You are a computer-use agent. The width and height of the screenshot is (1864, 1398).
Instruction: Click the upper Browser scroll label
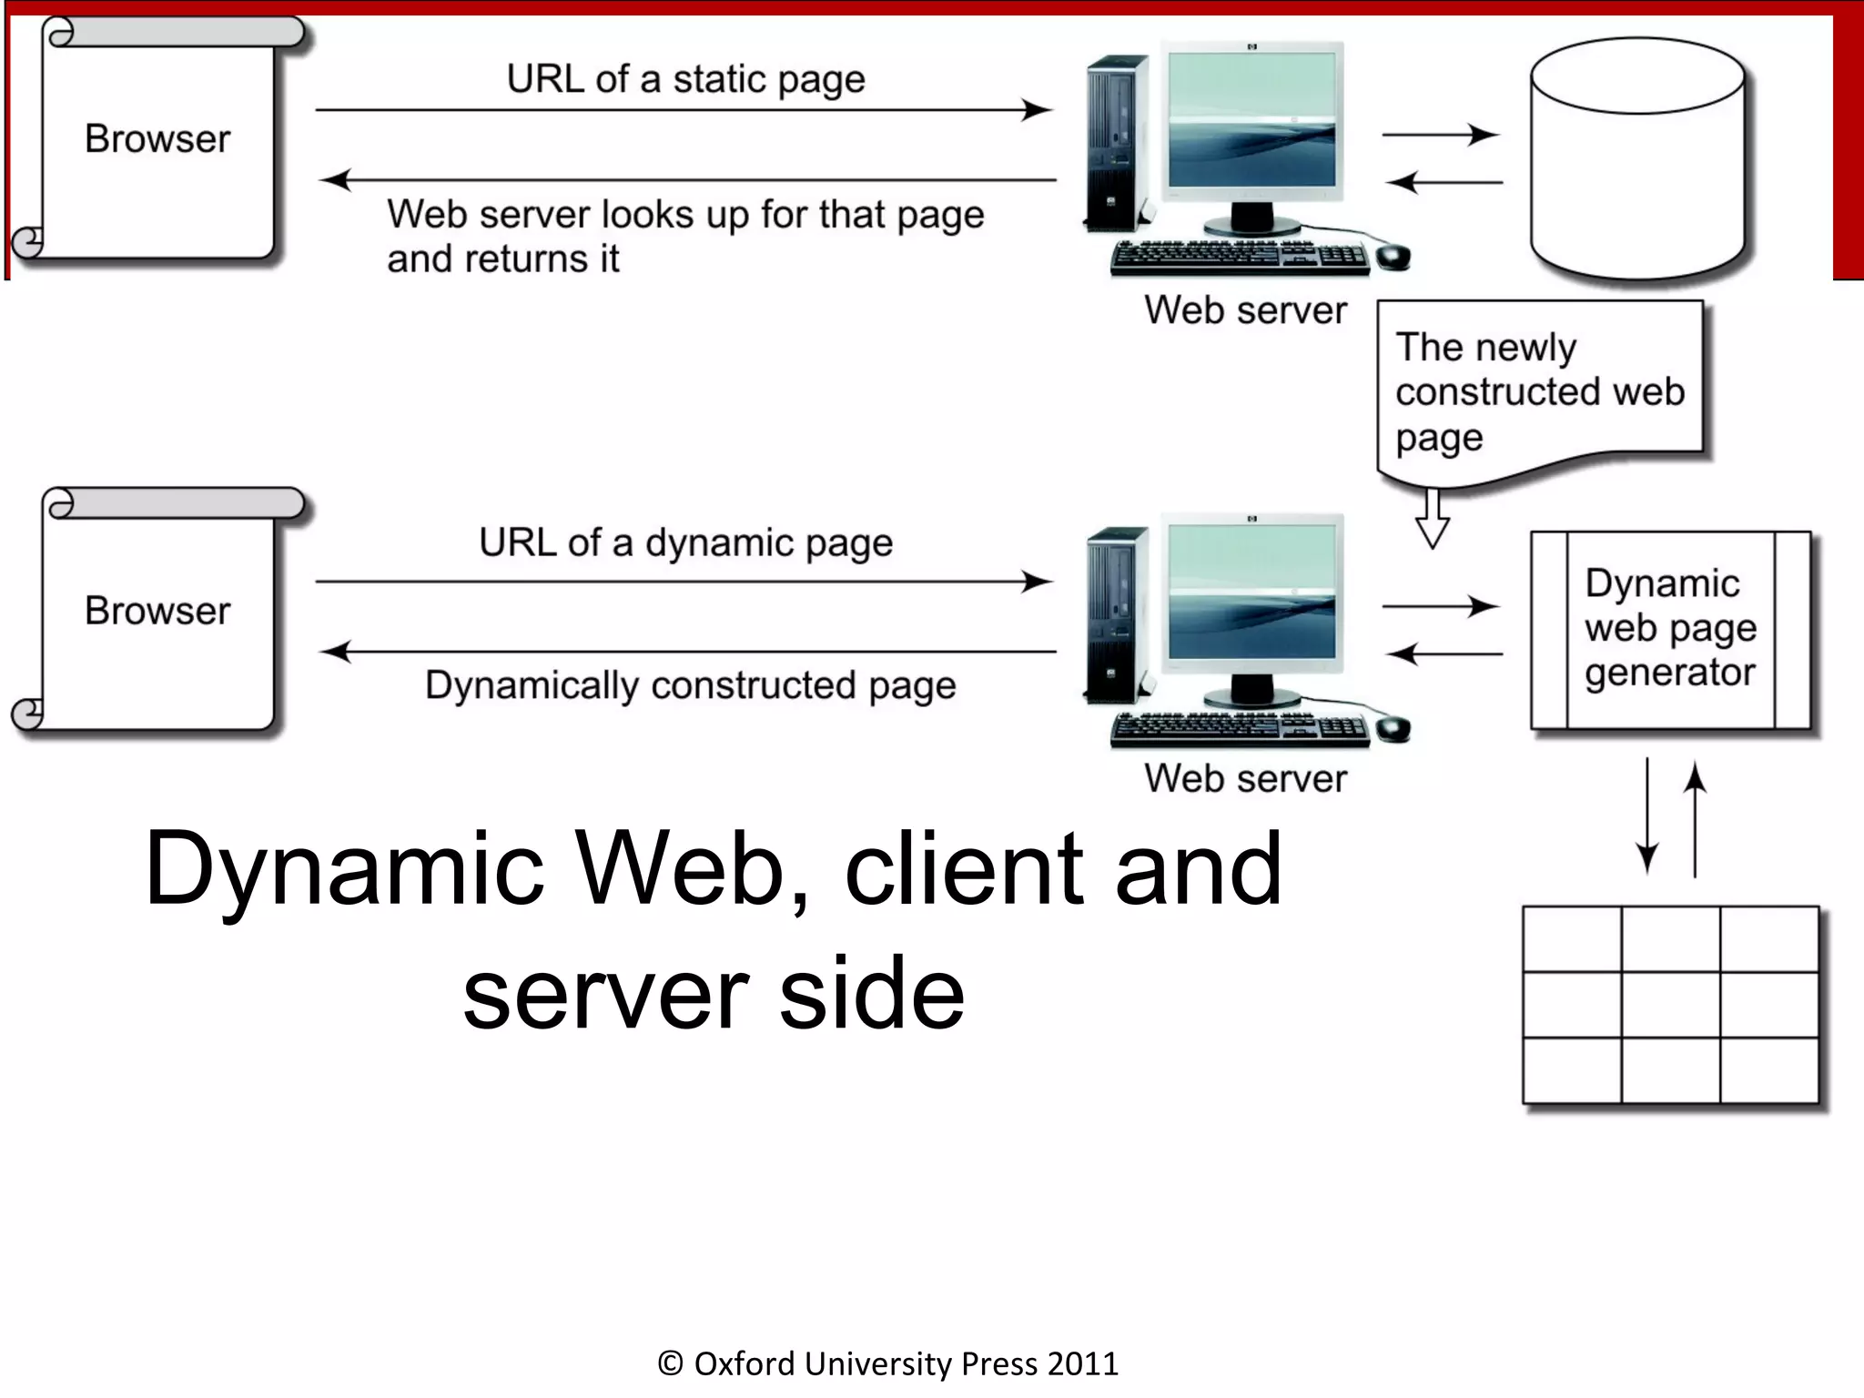157,139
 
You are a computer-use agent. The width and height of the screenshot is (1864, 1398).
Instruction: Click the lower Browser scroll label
157,611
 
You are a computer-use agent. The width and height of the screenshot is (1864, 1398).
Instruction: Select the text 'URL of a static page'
685,79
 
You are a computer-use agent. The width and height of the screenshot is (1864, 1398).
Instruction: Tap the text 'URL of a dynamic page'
685,543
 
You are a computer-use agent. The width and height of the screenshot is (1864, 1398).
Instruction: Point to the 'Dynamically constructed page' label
690,685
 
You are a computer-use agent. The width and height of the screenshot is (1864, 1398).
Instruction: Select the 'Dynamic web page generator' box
1670,629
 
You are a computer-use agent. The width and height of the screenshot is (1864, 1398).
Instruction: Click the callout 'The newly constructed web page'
1539,391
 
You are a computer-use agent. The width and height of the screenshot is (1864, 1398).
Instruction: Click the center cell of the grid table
1670,1005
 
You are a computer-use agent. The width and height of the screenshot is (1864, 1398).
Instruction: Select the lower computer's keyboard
1240,729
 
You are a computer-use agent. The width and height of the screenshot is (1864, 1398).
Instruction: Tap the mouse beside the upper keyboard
1393,258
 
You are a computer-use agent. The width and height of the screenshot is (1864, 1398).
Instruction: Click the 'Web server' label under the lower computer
1245,779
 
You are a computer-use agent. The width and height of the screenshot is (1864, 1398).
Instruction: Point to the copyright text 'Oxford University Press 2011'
888,1363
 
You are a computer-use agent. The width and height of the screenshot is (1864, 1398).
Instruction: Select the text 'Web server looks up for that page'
685,216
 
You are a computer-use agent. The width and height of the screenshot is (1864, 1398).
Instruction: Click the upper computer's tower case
1117,141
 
